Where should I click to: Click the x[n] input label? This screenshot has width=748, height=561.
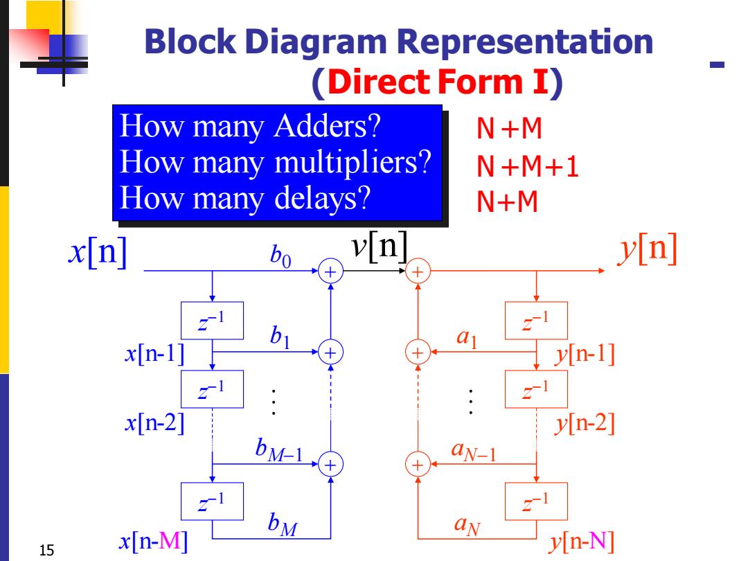98,251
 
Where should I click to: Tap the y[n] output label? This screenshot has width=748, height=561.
648,249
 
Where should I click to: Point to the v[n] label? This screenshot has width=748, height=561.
380,246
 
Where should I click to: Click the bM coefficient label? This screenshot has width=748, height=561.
283,524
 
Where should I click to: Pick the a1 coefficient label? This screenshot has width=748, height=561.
467,338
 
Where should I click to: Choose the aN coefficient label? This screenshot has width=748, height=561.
467,526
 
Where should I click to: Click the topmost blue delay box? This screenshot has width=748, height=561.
213,321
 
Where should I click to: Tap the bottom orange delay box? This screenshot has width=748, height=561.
536,501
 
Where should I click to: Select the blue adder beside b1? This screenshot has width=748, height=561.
330,353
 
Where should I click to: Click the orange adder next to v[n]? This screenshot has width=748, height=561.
418,271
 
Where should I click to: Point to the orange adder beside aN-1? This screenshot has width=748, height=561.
418,465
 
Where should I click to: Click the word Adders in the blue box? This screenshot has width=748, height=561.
327,127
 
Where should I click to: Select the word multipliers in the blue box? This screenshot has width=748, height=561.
353,163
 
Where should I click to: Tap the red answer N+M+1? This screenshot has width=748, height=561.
528,166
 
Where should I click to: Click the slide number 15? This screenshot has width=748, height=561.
47,550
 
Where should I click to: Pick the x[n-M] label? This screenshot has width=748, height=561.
153,541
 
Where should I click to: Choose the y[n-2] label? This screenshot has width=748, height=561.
585,423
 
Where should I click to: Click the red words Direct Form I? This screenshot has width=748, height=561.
438,82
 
